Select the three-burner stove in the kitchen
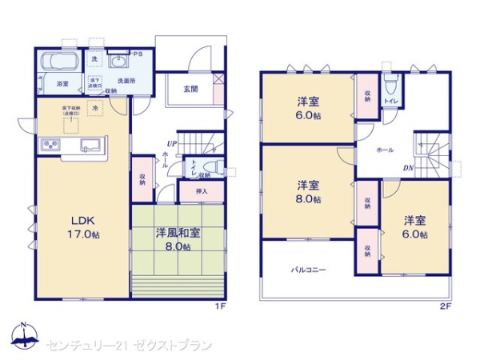50,145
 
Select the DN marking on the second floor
407,167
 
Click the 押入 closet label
203,192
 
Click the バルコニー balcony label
308,270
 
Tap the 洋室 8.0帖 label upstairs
308,190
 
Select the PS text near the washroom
138,54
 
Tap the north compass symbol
24,336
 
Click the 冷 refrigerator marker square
95,107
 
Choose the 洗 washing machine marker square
94,58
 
